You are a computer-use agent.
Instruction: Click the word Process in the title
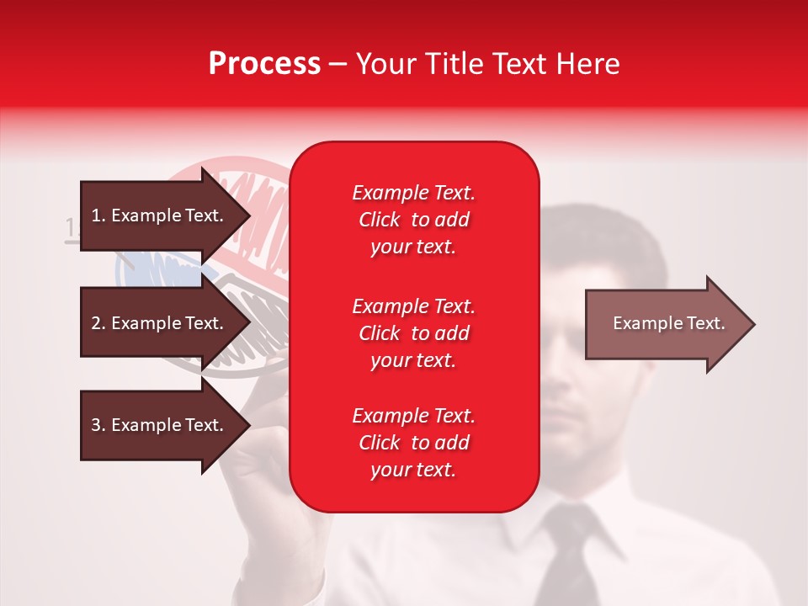tap(264, 63)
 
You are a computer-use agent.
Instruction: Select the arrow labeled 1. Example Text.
tap(160, 215)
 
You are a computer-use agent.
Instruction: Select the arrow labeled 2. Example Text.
tap(160, 323)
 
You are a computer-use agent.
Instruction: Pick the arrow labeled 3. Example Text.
tap(160, 425)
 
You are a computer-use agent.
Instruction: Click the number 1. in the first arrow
tap(98, 215)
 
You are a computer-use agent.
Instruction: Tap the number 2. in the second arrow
tap(98, 323)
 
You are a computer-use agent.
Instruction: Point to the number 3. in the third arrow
tap(98, 425)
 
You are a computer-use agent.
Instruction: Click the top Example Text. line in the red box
tap(413, 193)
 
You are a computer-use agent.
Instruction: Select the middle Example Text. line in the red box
tap(413, 306)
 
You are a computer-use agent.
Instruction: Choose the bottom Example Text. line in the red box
tap(413, 416)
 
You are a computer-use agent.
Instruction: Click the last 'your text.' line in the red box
tap(413, 470)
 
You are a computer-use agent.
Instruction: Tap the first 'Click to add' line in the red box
tap(413, 220)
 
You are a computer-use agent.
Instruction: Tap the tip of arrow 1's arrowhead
tap(249, 215)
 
